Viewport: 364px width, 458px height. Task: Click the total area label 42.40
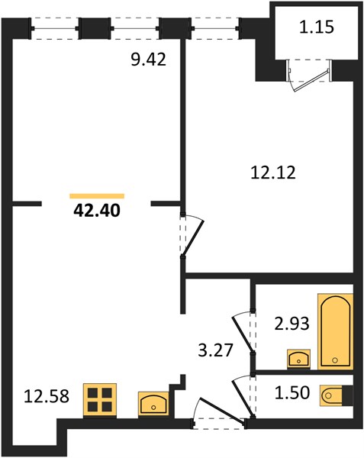[x=97, y=211]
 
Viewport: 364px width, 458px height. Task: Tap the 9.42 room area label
[x=148, y=60]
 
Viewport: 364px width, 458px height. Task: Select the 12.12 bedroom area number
[x=273, y=173]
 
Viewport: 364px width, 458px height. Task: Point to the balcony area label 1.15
[x=317, y=27]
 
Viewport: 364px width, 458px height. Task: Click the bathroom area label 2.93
[x=292, y=324]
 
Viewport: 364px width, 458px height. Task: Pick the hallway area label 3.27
[x=215, y=350]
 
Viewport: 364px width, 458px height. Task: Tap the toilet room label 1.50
[x=292, y=393]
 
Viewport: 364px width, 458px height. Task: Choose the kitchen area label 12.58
[x=47, y=397]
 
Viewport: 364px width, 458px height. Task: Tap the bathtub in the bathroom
[x=336, y=331]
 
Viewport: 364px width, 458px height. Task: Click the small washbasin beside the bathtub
[x=299, y=359]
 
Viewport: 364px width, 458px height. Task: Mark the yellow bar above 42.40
[x=97, y=196]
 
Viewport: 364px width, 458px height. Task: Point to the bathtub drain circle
[x=336, y=360]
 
